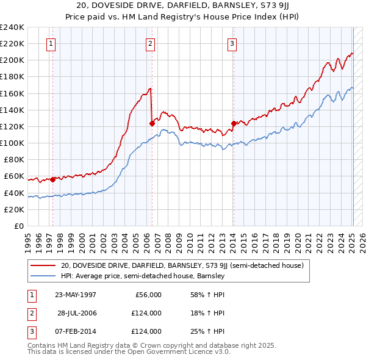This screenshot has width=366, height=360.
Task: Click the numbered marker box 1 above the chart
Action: (x=51, y=43)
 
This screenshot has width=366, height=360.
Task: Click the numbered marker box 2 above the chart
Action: (x=150, y=43)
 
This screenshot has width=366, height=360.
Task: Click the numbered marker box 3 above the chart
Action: (x=232, y=43)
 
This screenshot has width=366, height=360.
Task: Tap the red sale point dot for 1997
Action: (x=53, y=179)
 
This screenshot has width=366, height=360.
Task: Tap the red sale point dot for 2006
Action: (x=151, y=123)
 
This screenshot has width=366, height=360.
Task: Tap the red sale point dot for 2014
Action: (x=234, y=123)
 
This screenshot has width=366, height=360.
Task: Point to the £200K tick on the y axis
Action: (x=12, y=60)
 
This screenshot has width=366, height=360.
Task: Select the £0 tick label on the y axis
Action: (x=19, y=226)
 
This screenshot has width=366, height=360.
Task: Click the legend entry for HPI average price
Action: (x=143, y=276)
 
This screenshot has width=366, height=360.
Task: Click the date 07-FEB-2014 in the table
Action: (x=75, y=331)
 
